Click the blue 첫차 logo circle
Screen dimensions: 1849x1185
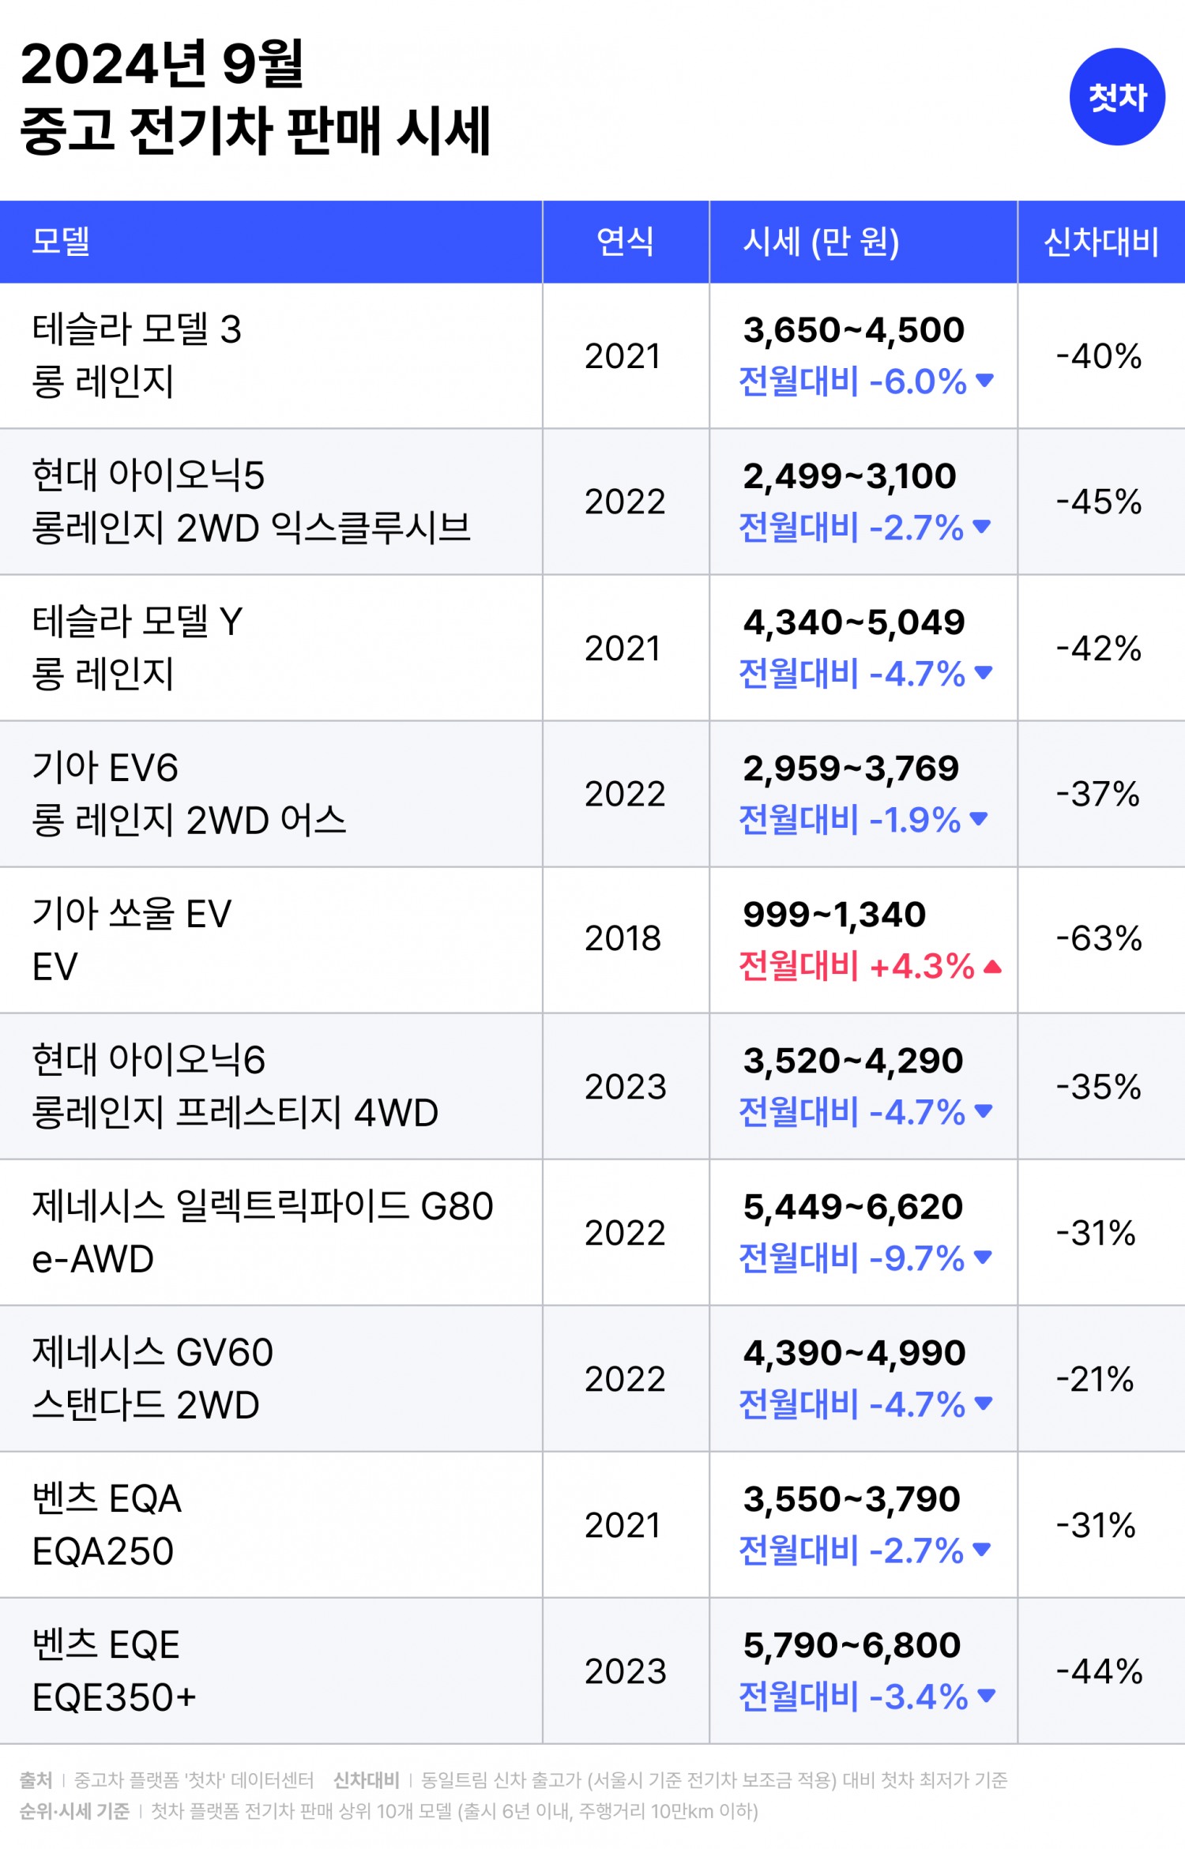[1116, 96]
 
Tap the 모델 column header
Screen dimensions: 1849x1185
[61, 241]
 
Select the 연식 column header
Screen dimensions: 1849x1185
[625, 241]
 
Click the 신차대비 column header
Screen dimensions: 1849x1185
[1100, 241]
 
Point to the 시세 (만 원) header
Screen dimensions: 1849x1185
[821, 241]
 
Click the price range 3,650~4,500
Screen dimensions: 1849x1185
[853, 330]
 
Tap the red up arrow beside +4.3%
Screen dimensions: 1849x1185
[993, 966]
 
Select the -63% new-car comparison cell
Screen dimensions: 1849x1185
[1099, 938]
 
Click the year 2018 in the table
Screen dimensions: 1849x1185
[623, 938]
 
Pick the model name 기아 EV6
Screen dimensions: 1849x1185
[105, 768]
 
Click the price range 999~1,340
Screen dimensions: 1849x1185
[834, 915]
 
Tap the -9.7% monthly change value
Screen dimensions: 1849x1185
[916, 1258]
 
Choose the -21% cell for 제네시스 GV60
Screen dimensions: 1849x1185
[1096, 1379]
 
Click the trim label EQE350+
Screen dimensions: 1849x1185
[114, 1697]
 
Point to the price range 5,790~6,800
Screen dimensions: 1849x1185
[852, 1645]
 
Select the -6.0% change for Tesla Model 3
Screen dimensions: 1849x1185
[918, 381]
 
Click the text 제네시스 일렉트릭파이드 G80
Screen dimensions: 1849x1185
[262, 1206]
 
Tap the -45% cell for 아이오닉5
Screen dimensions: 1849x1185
[1099, 502]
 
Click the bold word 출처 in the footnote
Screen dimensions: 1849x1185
[36, 1780]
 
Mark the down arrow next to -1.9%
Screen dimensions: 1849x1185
[978, 819]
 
